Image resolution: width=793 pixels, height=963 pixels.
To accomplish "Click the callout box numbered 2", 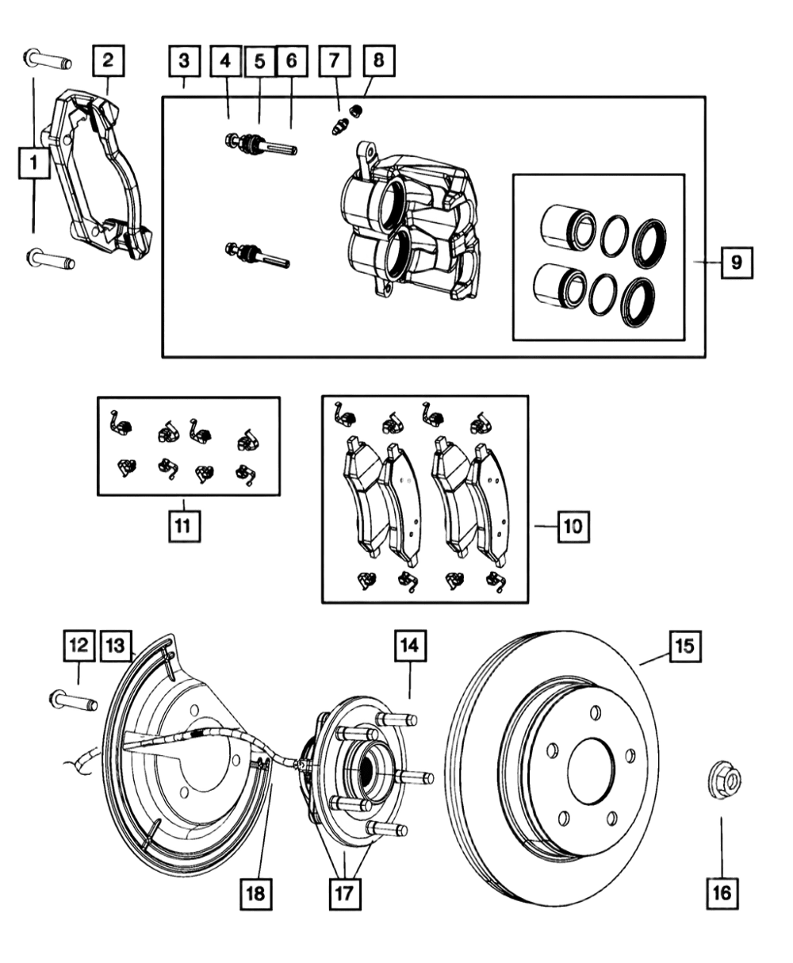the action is (109, 60).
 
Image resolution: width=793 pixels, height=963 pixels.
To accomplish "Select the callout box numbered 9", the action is (737, 263).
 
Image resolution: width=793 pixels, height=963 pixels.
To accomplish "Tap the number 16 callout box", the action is (722, 893).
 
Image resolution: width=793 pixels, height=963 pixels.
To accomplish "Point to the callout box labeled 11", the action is (185, 526).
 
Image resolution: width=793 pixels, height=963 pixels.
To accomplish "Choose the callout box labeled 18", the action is (256, 894).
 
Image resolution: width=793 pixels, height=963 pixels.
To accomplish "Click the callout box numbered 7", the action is (335, 60).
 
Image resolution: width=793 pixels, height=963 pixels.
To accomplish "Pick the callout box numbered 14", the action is (410, 646).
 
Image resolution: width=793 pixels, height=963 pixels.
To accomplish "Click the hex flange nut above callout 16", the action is (724, 781).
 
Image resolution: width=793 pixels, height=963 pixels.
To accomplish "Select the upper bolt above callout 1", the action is (47, 59).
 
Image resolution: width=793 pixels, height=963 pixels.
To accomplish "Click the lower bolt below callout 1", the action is (51, 259).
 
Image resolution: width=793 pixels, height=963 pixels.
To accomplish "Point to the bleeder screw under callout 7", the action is (339, 126).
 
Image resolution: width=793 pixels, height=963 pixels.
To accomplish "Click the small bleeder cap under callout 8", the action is (356, 111).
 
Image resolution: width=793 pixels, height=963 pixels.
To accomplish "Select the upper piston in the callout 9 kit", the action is (568, 228).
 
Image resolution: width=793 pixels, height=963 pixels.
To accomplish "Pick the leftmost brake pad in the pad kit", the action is (364, 497).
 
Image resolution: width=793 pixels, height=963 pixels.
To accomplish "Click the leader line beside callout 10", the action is (546, 526).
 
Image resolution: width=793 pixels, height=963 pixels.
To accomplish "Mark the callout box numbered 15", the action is (686, 646).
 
